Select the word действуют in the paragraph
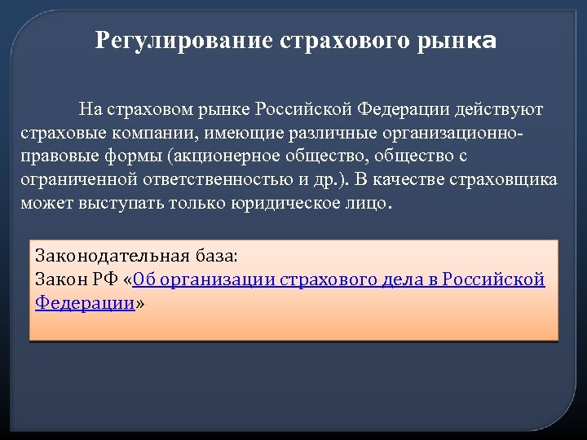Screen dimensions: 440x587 coord(499,109)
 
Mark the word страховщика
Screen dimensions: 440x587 coord(510,179)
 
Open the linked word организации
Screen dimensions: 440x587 coord(214,279)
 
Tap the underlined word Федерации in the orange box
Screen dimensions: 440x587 coord(85,303)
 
